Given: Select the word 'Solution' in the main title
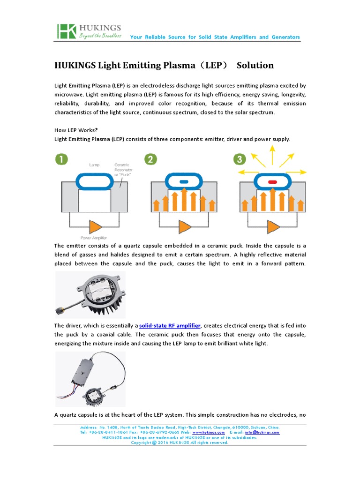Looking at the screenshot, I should (255, 65).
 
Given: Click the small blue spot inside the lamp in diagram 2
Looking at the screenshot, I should (184, 181).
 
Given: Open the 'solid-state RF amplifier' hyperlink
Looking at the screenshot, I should (170, 325).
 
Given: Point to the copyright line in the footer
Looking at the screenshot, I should (180, 442).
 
